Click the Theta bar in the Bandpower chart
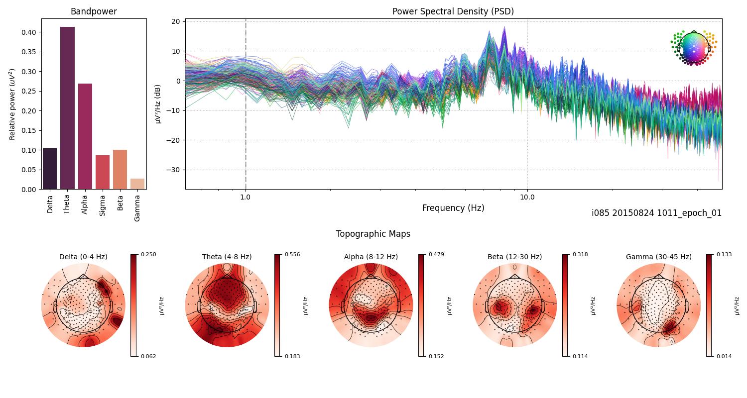67,108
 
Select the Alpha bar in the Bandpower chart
85,136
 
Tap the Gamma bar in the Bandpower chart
137,184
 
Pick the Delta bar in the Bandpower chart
50,169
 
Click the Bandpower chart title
94,11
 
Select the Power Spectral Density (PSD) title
453,11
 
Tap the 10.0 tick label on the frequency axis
527,197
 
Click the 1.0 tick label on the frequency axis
246,197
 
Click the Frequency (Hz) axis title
453,208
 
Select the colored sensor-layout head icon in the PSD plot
693,47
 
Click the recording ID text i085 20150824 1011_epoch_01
656,213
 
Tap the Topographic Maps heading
373,234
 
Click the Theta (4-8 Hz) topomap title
227,257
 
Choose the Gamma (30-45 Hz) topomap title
658,257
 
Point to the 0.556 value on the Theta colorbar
292,254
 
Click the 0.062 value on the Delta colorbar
148,356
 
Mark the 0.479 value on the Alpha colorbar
436,254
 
